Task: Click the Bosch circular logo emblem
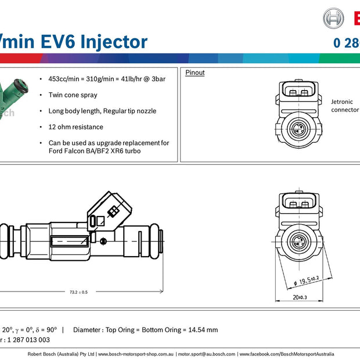333,18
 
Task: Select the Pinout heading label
195,73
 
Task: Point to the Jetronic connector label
345,105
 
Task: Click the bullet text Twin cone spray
73,95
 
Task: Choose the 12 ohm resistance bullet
75,127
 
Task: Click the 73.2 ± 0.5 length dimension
78,292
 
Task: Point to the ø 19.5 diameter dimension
307,280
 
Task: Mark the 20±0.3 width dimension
300,298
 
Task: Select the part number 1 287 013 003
27,340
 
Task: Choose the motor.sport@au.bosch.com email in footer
207,354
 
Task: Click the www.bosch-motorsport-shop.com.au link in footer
136,354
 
